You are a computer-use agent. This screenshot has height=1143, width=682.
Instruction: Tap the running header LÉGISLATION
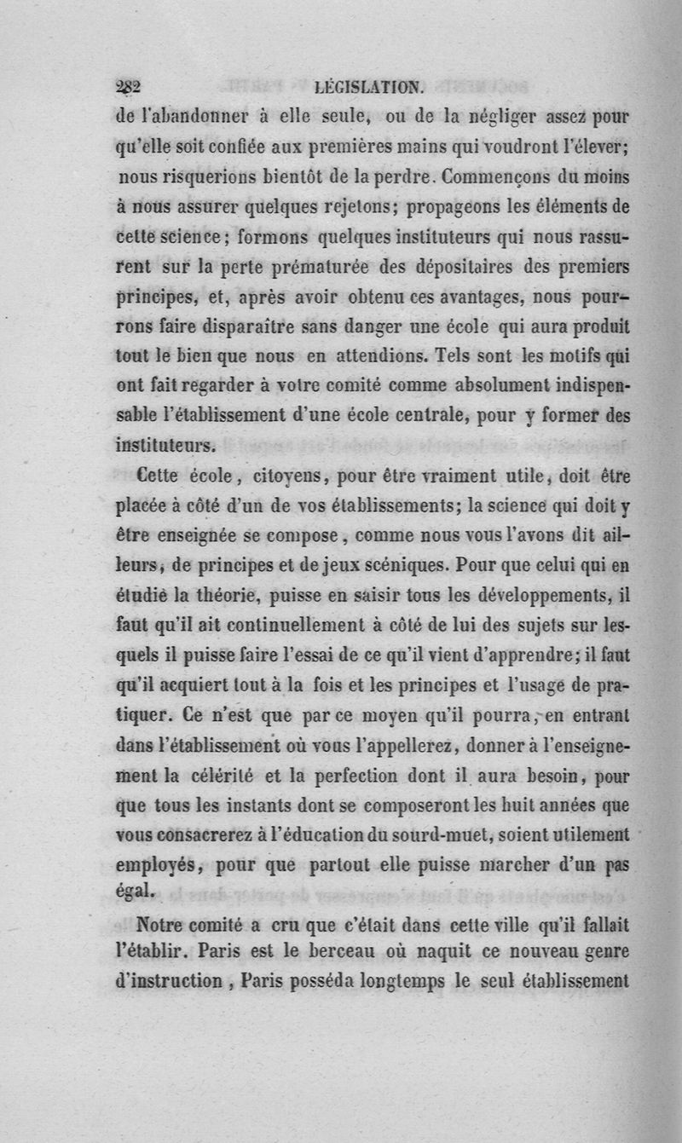(367, 86)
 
